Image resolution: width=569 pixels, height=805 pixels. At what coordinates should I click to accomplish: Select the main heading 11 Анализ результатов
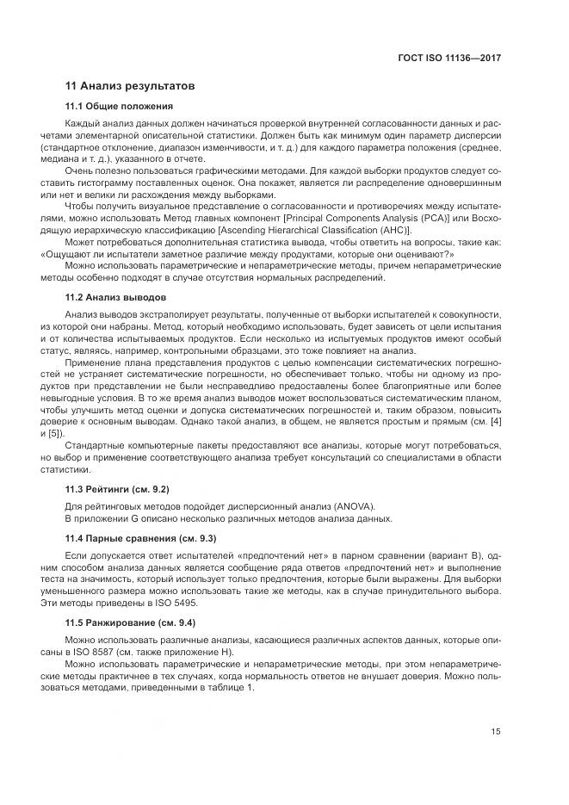pos(131,86)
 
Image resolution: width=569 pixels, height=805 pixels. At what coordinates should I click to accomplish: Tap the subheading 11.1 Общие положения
pos(120,107)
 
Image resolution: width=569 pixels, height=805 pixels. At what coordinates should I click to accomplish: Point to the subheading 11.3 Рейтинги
pos(117,489)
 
